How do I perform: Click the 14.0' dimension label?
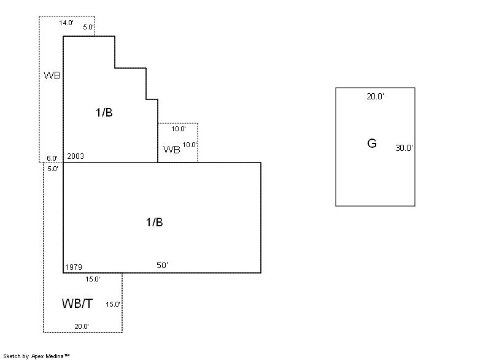(66, 23)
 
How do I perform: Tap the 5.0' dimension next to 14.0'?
(88, 27)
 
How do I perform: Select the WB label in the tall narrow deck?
(52, 75)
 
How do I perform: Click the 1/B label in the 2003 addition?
(104, 113)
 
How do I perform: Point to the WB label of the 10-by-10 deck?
(172, 150)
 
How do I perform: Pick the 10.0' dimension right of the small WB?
(190, 145)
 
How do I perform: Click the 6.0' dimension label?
(53, 159)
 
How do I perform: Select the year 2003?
(75, 156)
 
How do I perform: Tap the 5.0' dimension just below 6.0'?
(53, 168)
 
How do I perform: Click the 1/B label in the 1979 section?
(154, 222)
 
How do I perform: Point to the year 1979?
(74, 267)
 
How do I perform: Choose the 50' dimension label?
(162, 265)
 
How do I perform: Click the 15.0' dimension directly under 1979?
(93, 279)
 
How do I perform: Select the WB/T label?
(78, 303)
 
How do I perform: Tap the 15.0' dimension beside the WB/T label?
(113, 304)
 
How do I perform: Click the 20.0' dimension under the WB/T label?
(82, 326)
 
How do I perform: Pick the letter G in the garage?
(371, 144)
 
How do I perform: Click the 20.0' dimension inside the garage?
(375, 96)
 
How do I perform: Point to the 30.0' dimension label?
(404, 148)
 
